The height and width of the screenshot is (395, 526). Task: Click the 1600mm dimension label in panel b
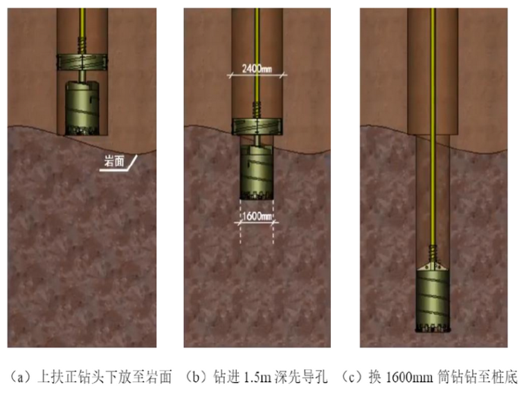click(256, 216)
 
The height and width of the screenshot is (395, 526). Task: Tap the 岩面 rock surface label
click(114, 161)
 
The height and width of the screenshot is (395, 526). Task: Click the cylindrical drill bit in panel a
click(82, 105)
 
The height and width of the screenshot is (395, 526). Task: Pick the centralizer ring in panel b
click(256, 126)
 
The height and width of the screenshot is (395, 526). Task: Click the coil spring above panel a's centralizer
click(81, 46)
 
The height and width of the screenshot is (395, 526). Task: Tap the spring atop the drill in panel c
click(434, 250)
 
